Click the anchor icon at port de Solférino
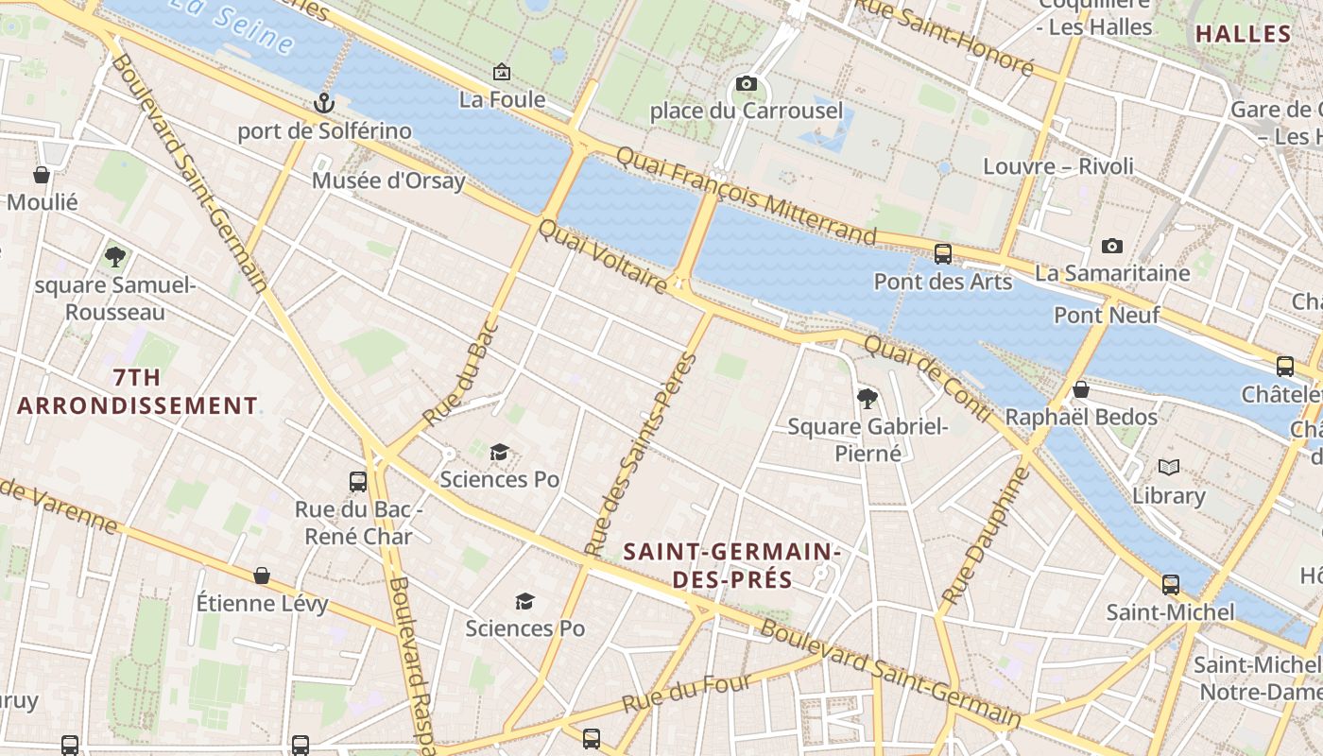coord(324,103)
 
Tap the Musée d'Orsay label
coord(388,180)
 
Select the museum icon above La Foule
coord(502,72)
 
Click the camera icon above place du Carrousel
coord(747,84)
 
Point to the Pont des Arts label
coord(942,282)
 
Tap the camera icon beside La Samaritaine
coord(1112,247)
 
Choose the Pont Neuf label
coord(1106,315)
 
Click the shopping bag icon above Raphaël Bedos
coord(1081,389)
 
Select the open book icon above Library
coord(1169,468)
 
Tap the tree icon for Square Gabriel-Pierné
coord(868,399)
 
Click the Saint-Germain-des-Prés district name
coord(732,565)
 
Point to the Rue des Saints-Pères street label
coord(640,455)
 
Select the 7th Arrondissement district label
coord(137,392)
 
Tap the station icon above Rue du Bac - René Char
coord(357,482)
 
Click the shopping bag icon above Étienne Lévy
coord(262,576)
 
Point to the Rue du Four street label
coord(687,694)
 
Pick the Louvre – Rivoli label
coord(1058,166)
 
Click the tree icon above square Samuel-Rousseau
coord(115,256)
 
